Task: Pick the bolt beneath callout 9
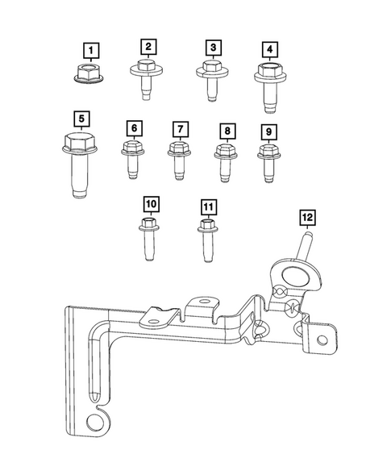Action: click(269, 160)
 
